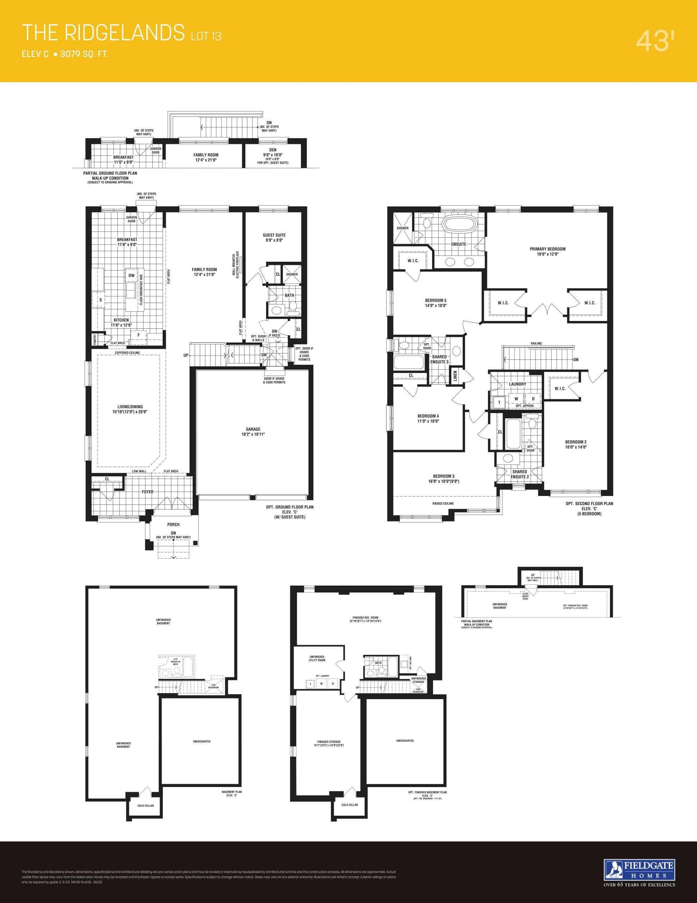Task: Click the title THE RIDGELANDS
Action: [x=103, y=33]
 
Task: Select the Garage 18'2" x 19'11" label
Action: [x=253, y=432]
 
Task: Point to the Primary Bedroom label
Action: [x=548, y=251]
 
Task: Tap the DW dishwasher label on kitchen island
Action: [x=131, y=275]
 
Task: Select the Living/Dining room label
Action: [x=130, y=409]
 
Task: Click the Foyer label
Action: [x=148, y=492]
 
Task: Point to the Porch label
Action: [x=173, y=524]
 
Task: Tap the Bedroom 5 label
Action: [x=436, y=303]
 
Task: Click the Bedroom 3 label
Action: [x=444, y=478]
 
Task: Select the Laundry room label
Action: [x=517, y=384]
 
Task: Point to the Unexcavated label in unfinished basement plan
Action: [x=202, y=741]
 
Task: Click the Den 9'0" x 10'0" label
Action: [x=273, y=152]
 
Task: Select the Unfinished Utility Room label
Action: [x=317, y=658]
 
